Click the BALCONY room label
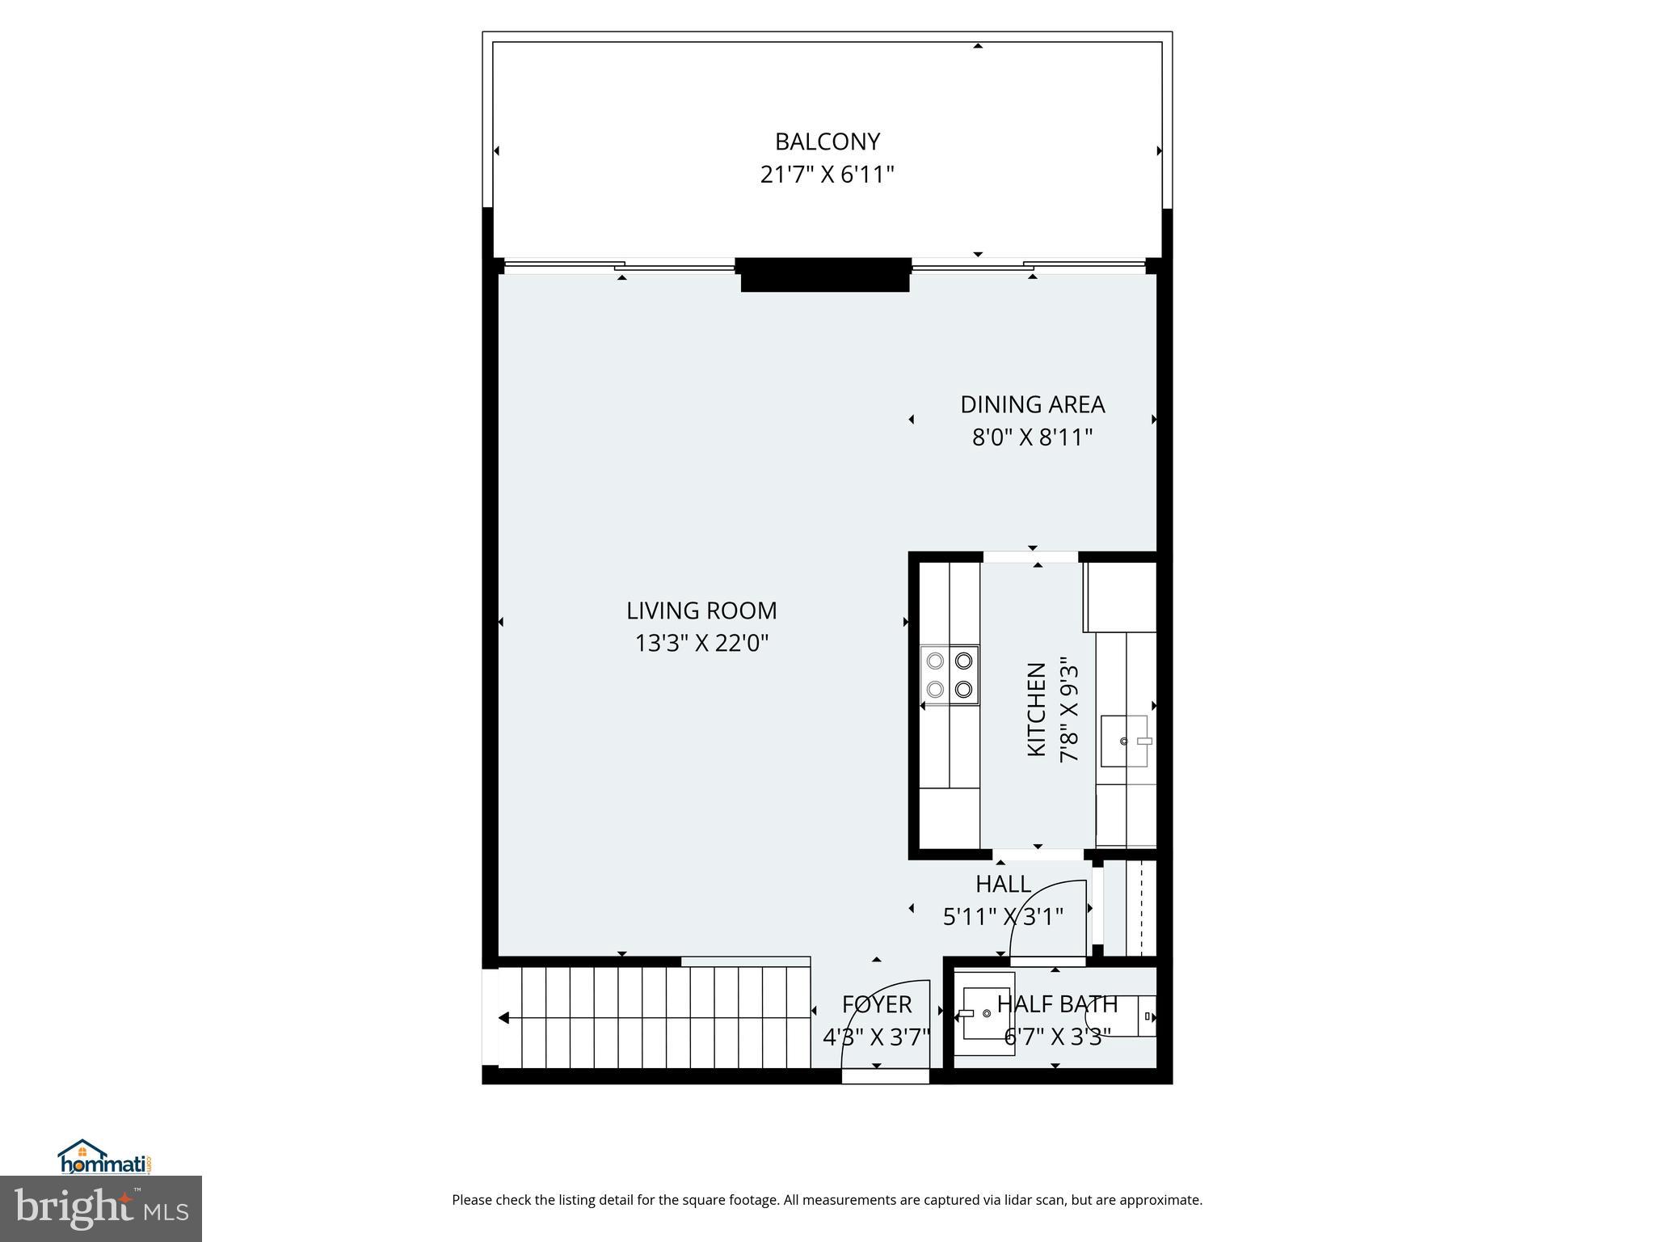click(x=827, y=142)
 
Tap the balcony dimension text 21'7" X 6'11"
click(x=827, y=175)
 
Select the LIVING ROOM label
click(x=701, y=610)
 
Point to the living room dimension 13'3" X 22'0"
click(x=701, y=644)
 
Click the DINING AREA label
click(x=1032, y=404)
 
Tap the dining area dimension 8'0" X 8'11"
click(x=1032, y=437)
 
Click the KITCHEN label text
click(x=1037, y=710)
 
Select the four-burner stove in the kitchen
click(x=950, y=675)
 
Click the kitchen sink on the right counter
click(x=1124, y=741)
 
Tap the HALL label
click(x=1003, y=884)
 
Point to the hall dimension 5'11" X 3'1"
click(x=1003, y=917)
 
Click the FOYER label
click(x=877, y=1004)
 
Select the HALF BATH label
click(x=1057, y=1004)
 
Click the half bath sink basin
click(x=985, y=1014)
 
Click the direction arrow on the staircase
click(x=504, y=1018)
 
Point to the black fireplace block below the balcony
click(x=825, y=275)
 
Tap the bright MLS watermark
click(x=101, y=1208)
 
